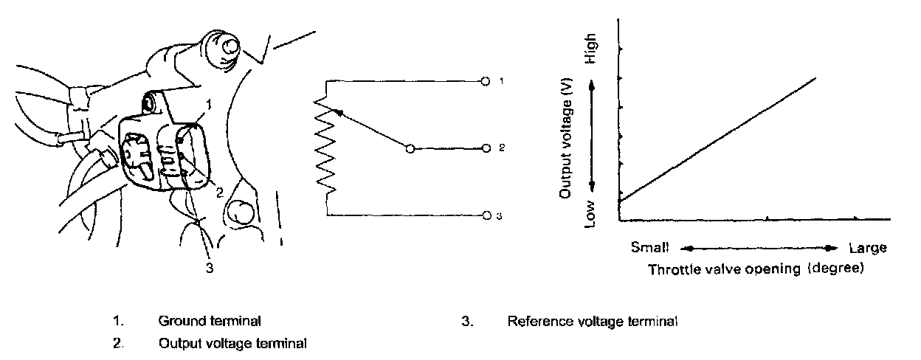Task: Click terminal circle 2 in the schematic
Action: [485, 148]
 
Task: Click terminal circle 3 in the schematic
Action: [486, 215]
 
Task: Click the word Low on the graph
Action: [590, 213]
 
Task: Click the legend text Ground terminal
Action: [209, 322]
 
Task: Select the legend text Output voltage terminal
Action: [232, 343]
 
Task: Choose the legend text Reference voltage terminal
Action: [592, 322]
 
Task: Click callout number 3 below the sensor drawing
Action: [210, 269]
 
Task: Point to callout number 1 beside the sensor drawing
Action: [209, 105]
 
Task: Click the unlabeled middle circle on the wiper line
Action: [410, 148]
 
